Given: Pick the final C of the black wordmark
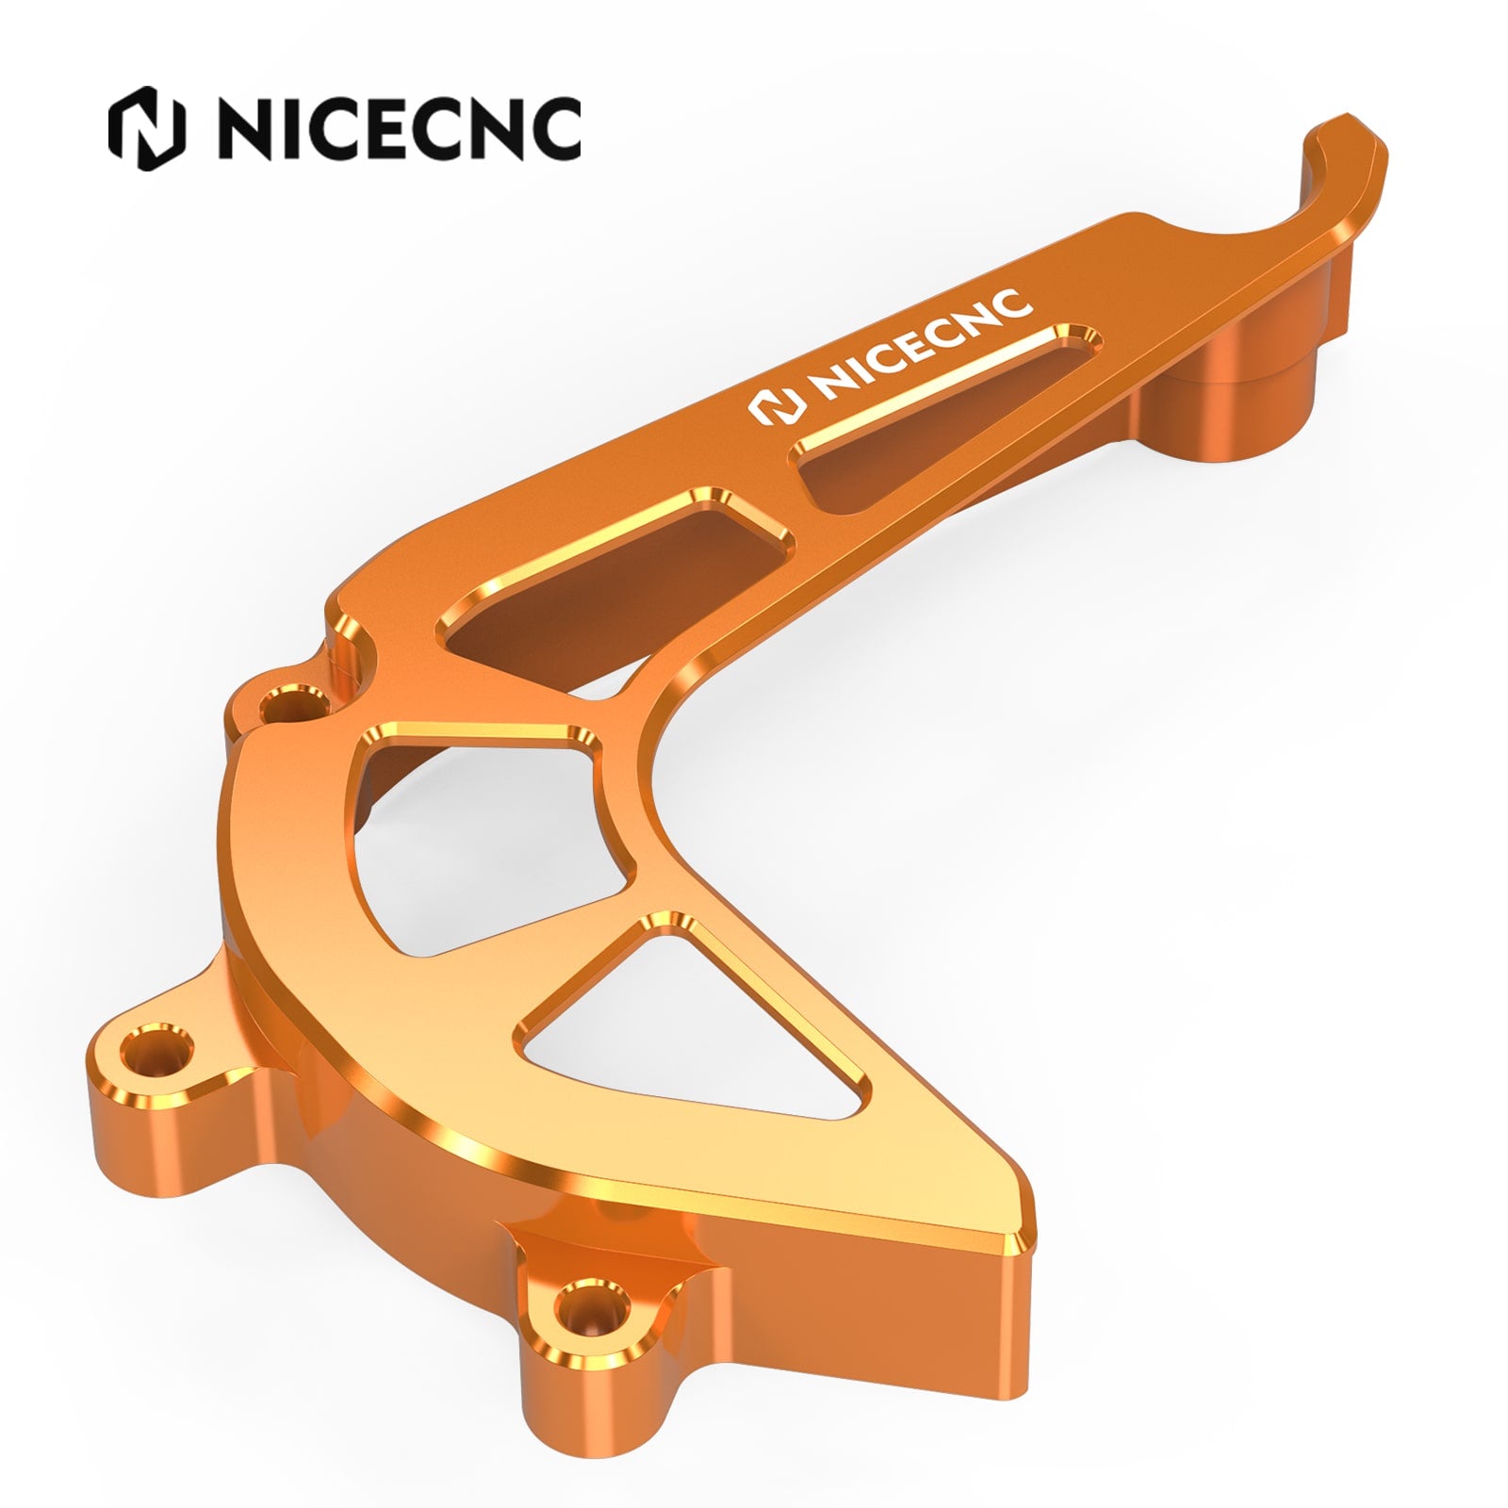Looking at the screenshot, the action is [554, 129].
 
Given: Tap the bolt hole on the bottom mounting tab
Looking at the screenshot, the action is [590, 1305].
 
